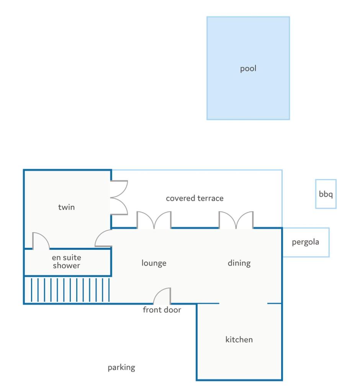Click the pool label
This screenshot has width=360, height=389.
coord(248,68)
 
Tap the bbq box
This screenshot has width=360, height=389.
coord(326,194)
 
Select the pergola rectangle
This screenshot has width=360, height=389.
coord(306,242)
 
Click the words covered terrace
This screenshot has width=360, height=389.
coord(195,198)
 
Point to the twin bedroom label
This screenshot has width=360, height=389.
coord(66,207)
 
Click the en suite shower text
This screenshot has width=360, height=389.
coord(66,262)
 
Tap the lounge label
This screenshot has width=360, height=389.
coord(154,263)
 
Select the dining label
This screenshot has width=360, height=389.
coord(239,263)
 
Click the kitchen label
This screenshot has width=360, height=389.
coord(239,339)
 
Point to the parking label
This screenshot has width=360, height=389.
coord(121,368)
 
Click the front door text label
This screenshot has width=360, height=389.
coord(162,309)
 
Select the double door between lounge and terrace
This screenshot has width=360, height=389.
coord(154,220)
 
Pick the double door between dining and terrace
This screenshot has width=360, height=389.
coord(236,220)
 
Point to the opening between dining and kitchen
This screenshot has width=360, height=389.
coord(243,303)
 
